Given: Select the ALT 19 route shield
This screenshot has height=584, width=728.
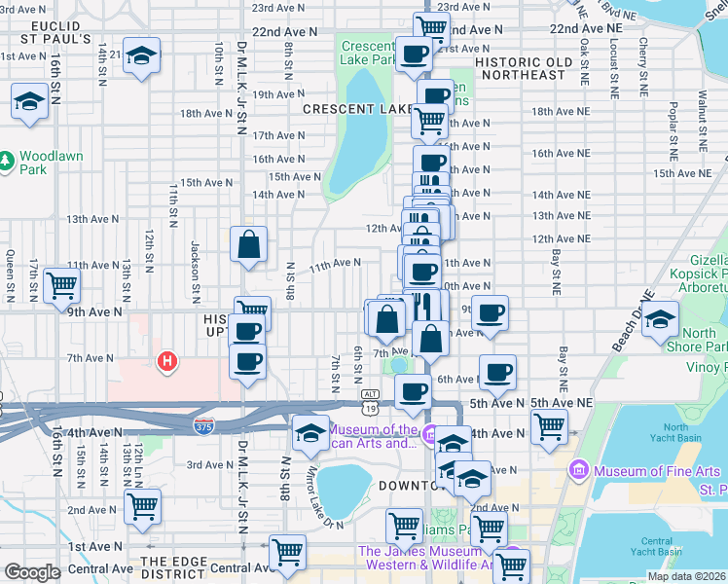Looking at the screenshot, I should click(370, 395).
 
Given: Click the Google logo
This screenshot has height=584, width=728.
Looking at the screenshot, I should click(32, 572).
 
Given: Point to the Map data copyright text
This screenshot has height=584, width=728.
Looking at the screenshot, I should click(686, 576).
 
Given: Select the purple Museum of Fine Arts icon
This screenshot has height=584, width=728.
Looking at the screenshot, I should click(578, 471).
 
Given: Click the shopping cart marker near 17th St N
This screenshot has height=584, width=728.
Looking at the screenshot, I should click(62, 286).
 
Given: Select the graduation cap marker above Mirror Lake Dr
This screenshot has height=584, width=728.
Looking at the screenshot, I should click(310, 431).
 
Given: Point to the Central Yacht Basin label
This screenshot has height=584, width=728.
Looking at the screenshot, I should click(671, 547).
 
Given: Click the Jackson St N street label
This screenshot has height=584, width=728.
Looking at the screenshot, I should click(195, 269).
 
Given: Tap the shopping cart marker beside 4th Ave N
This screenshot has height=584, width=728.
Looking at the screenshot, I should click(550, 425).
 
